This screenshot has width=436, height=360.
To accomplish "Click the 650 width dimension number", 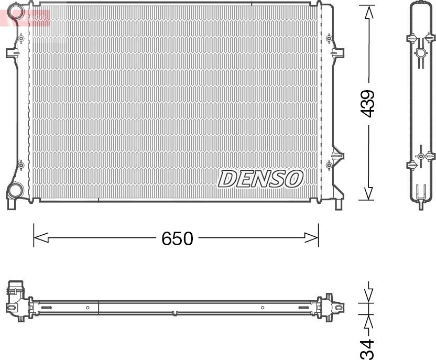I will (x=177, y=238).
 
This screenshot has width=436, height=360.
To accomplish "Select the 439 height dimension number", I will (x=369, y=103).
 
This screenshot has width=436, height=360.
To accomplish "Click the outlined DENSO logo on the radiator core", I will (x=260, y=179).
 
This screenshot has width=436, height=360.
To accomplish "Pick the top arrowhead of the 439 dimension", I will (x=369, y=12).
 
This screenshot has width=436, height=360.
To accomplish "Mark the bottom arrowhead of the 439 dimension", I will (x=369, y=193).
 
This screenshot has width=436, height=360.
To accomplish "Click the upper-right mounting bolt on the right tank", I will (x=329, y=39).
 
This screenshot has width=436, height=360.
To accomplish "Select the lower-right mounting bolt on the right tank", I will (x=329, y=165).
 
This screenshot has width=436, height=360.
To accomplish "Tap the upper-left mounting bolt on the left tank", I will (x=20, y=39).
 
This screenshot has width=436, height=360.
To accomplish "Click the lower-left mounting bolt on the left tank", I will (x=20, y=166).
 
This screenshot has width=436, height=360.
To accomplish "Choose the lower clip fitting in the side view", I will (x=421, y=156).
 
